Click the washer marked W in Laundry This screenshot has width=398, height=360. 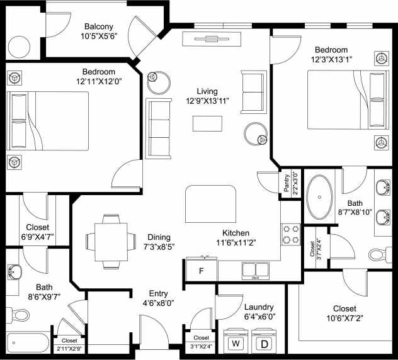pyautogui.click(x=237, y=343)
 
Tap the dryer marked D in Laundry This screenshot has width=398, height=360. pyautogui.click(x=264, y=343)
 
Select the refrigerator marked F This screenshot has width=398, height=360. pyautogui.click(x=200, y=271)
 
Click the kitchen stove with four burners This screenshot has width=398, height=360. pyautogui.click(x=290, y=234)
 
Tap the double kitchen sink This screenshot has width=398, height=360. pyautogui.click(x=256, y=271)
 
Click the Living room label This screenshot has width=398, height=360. pyautogui.click(x=207, y=91)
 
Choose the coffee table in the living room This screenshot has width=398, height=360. pyautogui.click(x=207, y=123)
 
